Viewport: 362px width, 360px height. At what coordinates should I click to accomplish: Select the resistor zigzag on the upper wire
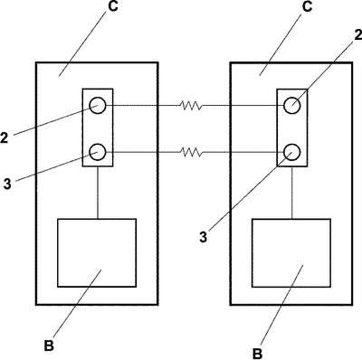click(191, 106)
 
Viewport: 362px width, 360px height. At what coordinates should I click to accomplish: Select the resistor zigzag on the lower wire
click(191, 152)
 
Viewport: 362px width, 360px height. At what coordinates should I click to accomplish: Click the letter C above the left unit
click(113, 6)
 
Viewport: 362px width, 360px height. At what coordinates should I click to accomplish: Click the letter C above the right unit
click(307, 6)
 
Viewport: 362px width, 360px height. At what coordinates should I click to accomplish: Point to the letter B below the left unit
click(49, 346)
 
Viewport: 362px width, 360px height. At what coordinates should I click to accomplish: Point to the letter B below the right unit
click(257, 354)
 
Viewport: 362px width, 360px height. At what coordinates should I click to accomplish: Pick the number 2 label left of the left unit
click(4, 137)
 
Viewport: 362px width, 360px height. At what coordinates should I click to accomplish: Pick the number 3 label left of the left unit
click(7, 184)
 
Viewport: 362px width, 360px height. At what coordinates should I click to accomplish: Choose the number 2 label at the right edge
click(358, 35)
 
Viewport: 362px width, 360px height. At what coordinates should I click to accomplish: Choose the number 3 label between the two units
click(204, 237)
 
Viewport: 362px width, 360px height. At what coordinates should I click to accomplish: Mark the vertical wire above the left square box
click(98, 193)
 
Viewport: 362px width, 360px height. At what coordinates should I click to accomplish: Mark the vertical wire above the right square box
click(291, 193)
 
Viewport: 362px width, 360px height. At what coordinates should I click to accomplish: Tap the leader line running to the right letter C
click(281, 43)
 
